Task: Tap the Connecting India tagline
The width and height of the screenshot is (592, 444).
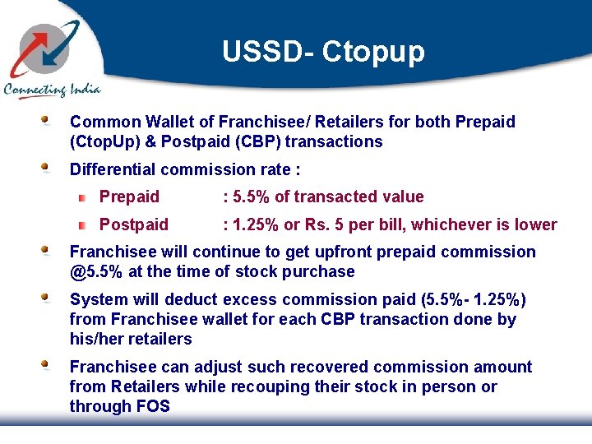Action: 52,90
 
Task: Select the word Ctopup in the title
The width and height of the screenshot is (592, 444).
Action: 373,53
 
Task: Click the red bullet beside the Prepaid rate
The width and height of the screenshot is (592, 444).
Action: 83,197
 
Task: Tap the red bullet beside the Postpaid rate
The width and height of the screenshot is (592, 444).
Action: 83,225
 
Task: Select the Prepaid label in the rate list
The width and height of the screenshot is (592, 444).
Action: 129,197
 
